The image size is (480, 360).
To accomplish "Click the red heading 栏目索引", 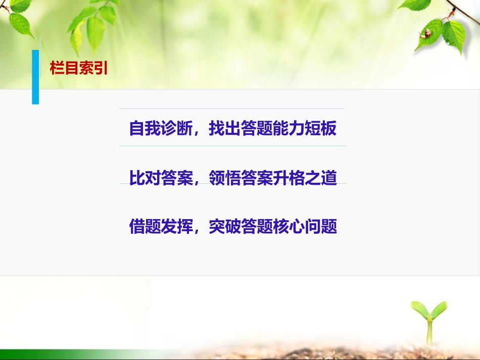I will click(79, 68).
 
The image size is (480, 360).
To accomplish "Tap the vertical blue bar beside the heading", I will click(35, 77).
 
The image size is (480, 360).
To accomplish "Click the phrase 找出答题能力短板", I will click(273, 129).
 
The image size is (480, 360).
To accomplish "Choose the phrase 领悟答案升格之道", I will click(273, 178).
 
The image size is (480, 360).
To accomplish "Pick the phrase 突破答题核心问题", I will click(273, 227).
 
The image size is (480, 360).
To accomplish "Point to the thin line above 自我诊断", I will click(232, 109).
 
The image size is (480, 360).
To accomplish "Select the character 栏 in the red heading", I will click(57, 68).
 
